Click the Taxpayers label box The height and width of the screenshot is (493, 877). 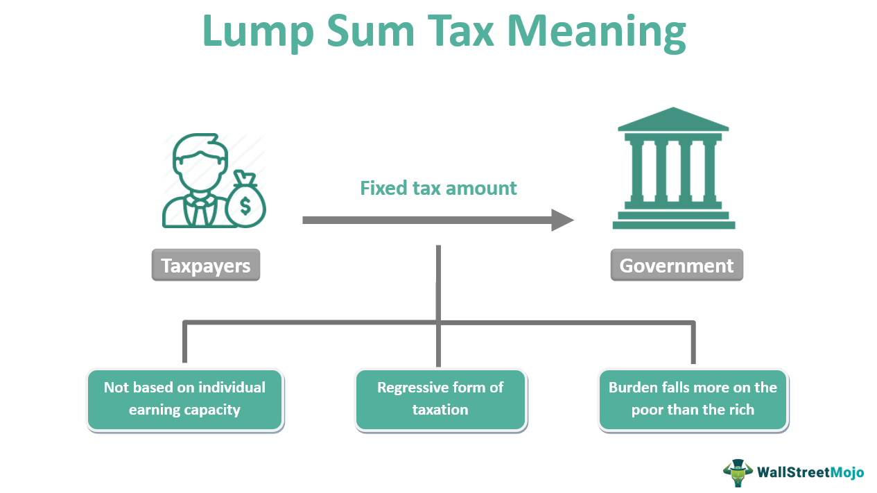pyautogui.click(x=205, y=265)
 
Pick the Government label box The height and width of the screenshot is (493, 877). pyautogui.click(x=676, y=265)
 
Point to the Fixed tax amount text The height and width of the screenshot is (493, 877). pyautogui.click(x=438, y=188)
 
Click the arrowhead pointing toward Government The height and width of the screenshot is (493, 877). pyautogui.click(x=562, y=220)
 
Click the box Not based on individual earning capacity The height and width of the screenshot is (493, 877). pyautogui.click(x=184, y=399)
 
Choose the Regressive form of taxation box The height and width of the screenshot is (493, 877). pyautogui.click(x=440, y=399)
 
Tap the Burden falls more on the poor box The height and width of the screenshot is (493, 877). pyautogui.click(x=693, y=399)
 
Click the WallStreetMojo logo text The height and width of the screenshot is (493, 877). pyautogui.click(x=810, y=472)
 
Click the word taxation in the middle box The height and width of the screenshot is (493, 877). pyautogui.click(x=440, y=410)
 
